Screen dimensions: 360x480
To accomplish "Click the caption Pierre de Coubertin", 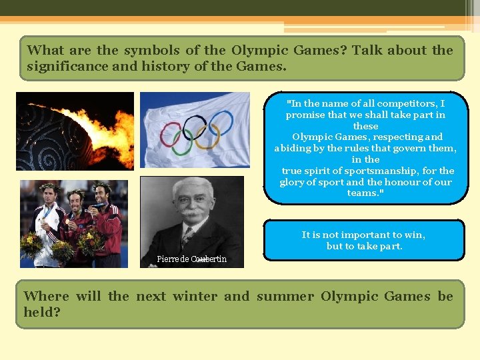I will coord(191,259).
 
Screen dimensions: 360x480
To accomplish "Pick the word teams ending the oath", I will coord(362,193).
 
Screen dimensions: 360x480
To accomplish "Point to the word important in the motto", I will coord(364,235).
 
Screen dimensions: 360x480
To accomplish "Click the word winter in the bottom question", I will coord(194,296).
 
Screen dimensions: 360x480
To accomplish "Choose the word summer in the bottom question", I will coord(285,296).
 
